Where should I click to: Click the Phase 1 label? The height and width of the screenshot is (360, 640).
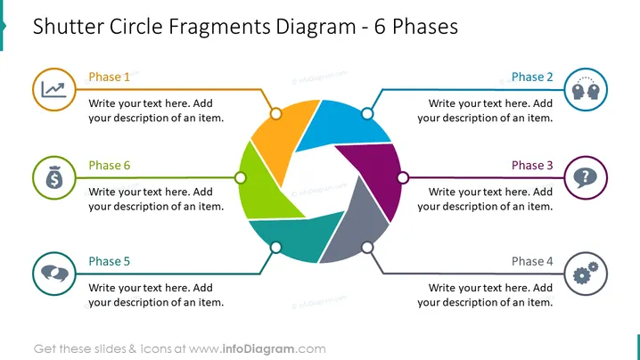point(109,77)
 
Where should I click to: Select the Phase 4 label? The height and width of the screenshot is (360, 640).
point(532,261)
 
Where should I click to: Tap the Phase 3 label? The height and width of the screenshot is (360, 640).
point(532,166)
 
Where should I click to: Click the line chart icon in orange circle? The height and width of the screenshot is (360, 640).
point(53,90)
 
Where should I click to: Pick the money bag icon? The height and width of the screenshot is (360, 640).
point(54,177)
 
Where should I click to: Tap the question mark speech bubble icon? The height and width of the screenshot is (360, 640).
point(585,178)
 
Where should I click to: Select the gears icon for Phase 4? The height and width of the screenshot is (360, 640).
point(586,273)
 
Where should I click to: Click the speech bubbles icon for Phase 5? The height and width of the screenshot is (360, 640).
point(54,273)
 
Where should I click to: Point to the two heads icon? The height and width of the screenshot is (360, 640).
point(586,88)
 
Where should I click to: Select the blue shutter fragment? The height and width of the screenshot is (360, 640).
point(341,125)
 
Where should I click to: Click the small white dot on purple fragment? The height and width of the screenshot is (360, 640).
point(403,177)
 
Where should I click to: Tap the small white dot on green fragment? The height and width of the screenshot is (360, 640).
point(241,177)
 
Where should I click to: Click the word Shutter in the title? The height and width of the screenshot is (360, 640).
point(69,27)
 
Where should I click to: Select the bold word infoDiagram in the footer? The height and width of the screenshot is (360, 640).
point(258,349)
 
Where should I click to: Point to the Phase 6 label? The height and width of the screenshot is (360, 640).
point(109,166)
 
